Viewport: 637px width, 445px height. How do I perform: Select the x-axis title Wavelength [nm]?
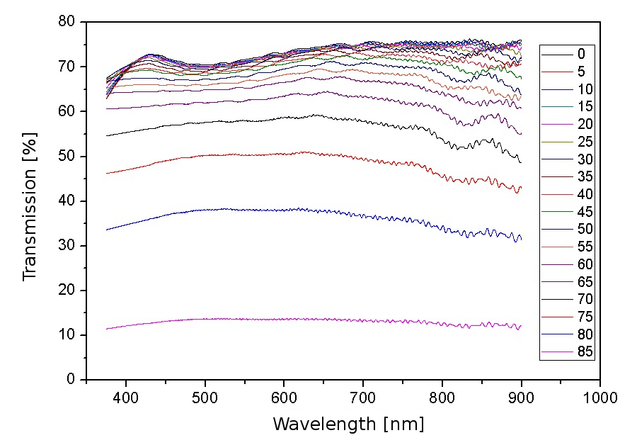pos(348,424)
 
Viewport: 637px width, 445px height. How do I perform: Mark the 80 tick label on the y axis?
pos(67,22)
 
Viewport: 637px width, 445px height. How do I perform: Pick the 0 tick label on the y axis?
pos(71,380)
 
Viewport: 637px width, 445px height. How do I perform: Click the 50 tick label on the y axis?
pos(67,156)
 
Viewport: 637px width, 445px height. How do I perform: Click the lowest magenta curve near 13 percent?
pos(283,319)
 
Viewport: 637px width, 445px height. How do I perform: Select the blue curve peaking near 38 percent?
pos(283,210)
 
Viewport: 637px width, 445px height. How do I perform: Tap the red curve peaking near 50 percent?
pos(283,154)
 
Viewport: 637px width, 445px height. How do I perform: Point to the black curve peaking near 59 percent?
pos(283,117)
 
